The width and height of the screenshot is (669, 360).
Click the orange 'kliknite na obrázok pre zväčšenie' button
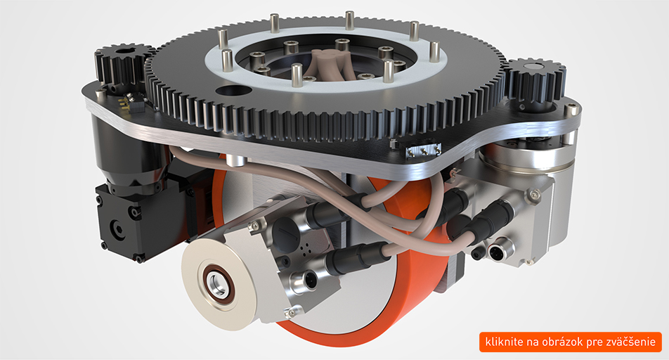click(x=571, y=342)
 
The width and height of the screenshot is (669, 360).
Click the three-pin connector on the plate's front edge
click(x=422, y=150)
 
